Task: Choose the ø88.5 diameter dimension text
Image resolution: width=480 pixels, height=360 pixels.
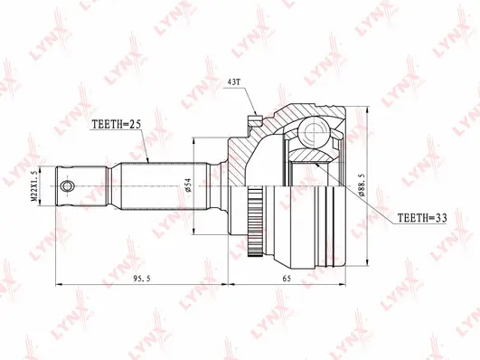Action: pos(362,185)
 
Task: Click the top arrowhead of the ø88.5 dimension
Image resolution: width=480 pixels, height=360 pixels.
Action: pos(369,109)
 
